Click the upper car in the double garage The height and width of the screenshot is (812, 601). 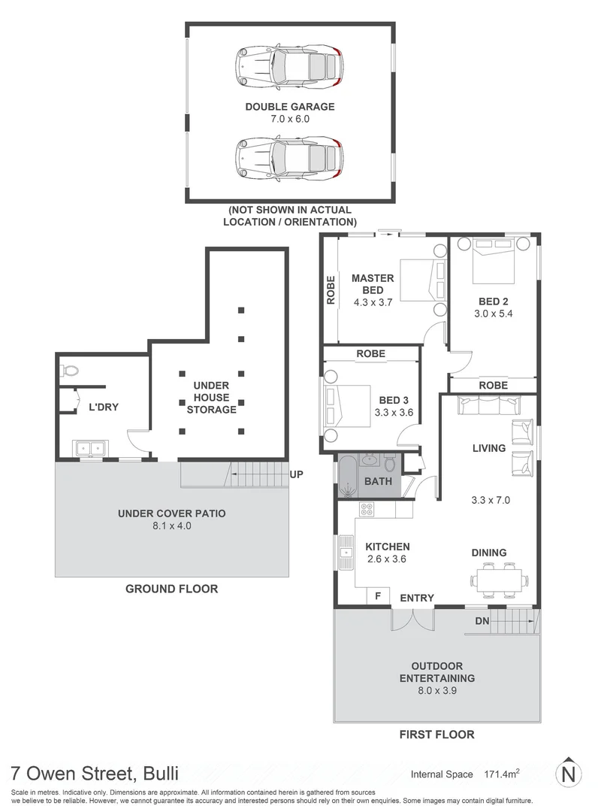[290, 65]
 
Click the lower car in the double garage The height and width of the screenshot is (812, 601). [290, 157]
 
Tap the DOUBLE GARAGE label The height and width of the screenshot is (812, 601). [290, 107]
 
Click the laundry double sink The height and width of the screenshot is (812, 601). [90, 449]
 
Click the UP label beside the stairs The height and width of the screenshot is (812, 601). [297, 475]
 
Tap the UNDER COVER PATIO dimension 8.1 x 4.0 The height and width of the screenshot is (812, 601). [172, 527]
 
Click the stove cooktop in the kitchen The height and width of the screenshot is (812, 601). [367, 510]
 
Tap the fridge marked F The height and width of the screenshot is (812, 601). [377, 596]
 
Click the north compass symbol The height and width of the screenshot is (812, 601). [569, 773]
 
